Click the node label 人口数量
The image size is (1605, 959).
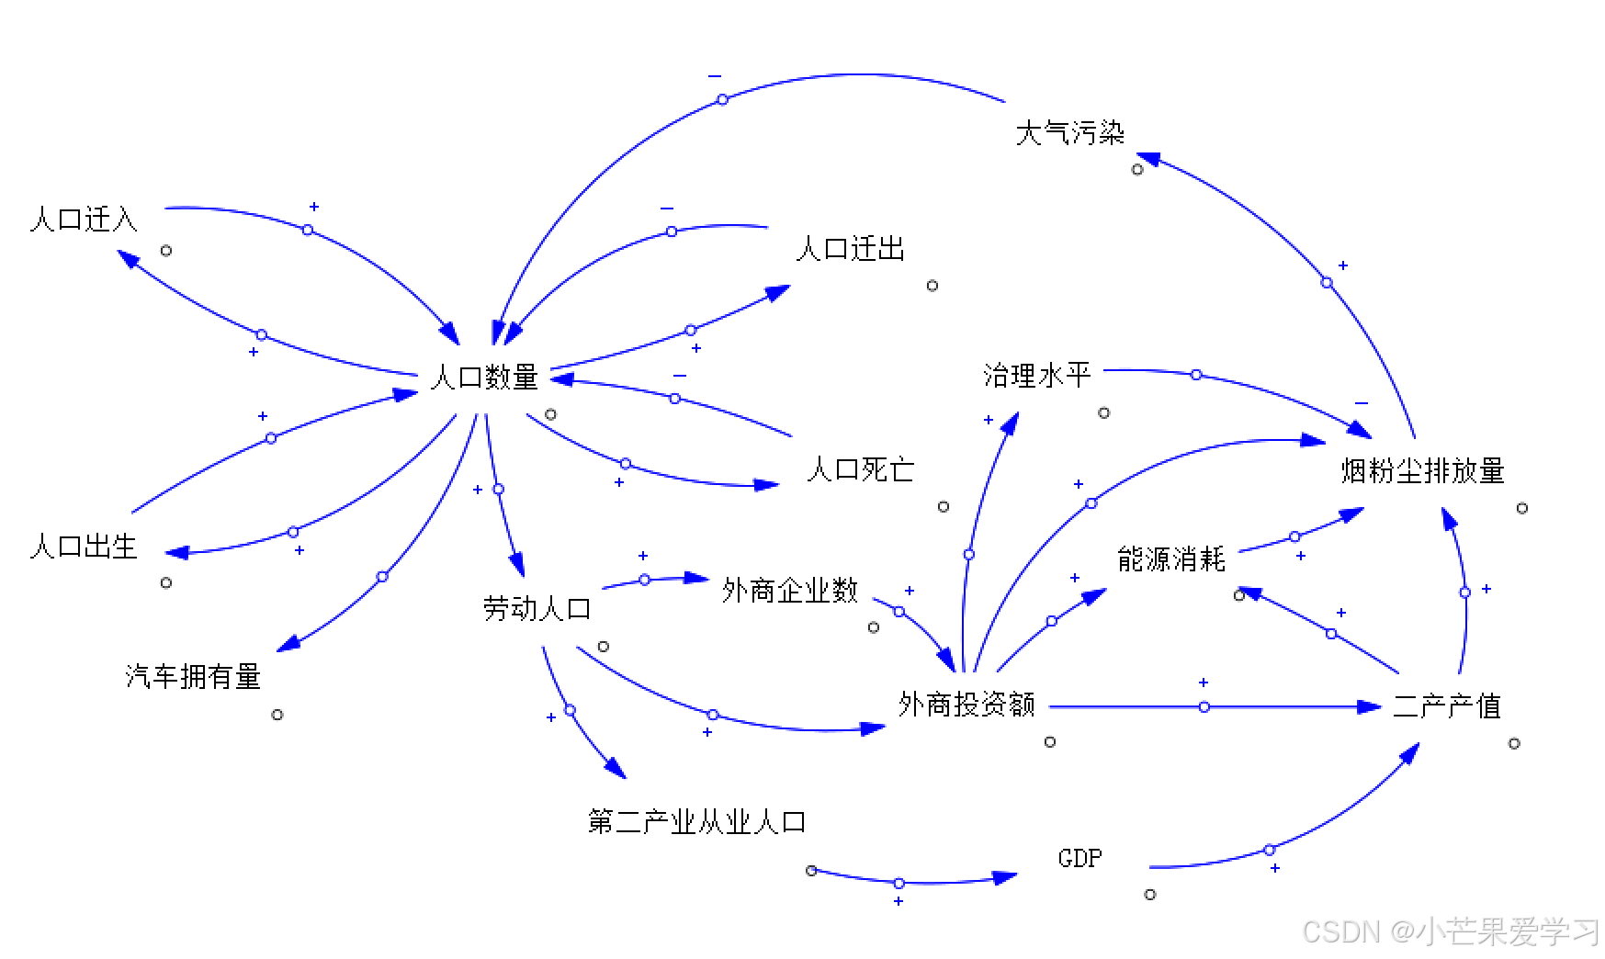484,377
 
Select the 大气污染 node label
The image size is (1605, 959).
1069,133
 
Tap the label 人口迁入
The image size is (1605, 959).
84,220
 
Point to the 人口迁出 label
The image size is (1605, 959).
850,249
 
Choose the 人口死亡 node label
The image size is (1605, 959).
860,470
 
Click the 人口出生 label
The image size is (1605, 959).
84,547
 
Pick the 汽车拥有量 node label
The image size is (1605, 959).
193,677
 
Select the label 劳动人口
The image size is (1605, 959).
537,608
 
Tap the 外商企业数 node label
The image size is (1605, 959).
789,591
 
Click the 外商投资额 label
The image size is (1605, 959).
966,705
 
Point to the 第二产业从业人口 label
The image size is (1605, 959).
696,821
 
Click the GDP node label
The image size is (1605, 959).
1079,859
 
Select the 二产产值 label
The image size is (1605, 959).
1447,706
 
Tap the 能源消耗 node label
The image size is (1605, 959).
1171,558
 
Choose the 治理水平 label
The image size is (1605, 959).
1037,375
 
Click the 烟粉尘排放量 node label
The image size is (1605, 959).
1422,471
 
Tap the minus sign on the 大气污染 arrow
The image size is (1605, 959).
715,76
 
